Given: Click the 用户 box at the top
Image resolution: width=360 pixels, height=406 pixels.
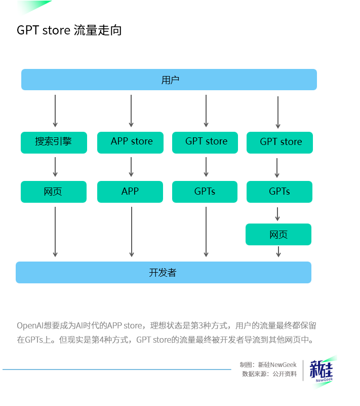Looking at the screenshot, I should pos(169,80).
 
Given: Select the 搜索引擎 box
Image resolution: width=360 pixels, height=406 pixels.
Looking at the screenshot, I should pos(54,142).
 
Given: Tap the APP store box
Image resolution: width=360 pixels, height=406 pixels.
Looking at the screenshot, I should pos(131,142).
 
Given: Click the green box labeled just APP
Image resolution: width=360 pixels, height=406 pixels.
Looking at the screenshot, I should pos(130,192).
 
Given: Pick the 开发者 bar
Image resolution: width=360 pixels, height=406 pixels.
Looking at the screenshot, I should pos(163,272).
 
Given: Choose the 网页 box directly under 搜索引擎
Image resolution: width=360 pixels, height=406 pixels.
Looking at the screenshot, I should pos(54,192).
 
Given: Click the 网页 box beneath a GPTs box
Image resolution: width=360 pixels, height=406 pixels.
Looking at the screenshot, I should pos(278,235).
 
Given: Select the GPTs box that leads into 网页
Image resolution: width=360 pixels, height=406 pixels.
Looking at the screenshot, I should pos(279,192).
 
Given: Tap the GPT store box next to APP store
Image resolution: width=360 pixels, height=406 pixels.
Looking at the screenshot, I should pos(206,142).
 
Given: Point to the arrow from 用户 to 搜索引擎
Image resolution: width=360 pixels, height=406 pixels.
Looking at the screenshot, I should pos(55,110).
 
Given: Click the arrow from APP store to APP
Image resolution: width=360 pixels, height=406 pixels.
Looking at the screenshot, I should pos(131,167).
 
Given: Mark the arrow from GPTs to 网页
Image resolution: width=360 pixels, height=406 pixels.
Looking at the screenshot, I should pos(278,213).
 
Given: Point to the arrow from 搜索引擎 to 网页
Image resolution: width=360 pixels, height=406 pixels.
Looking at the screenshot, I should pos(55,167).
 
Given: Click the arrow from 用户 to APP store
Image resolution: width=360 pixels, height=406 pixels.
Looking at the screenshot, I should pos(131,110).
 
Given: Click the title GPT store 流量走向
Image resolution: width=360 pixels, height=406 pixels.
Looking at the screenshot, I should pos(69,30).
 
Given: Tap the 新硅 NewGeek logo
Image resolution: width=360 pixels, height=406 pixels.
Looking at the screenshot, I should pos(322,371).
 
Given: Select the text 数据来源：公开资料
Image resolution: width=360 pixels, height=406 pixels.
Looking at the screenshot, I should pos(269,374).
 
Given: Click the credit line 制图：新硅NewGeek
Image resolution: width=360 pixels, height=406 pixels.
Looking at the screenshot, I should pos(268,364).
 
